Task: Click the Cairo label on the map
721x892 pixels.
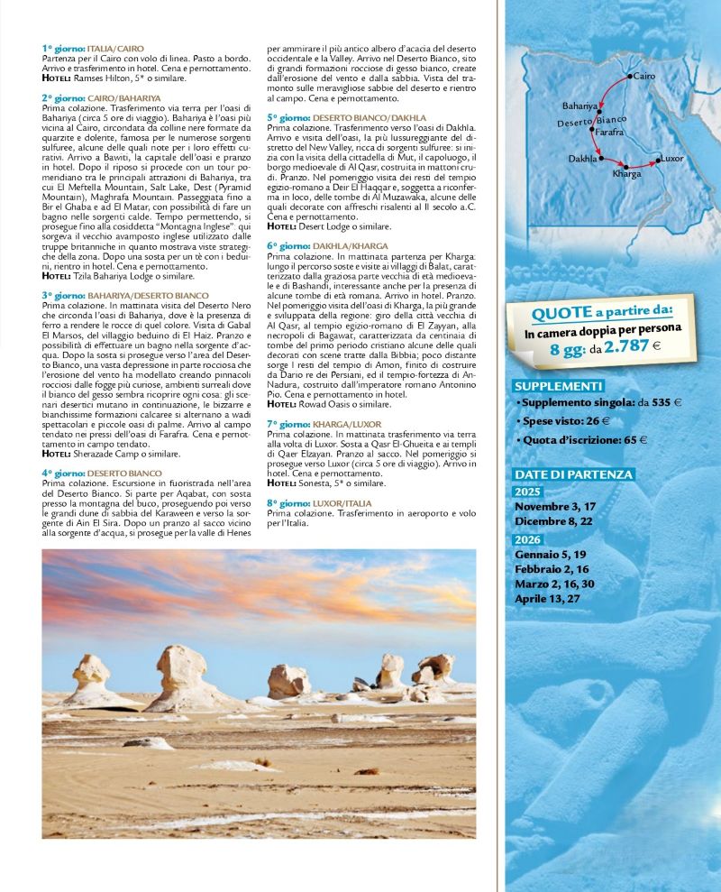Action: tap(644, 77)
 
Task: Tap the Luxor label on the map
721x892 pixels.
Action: tap(672, 158)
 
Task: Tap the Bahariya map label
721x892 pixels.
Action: tap(580, 106)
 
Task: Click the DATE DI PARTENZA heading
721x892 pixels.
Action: tap(573, 474)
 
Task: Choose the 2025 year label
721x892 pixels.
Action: tap(526, 492)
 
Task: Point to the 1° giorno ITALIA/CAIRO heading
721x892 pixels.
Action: tap(93, 48)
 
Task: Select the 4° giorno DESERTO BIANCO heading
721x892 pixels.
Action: tap(102, 473)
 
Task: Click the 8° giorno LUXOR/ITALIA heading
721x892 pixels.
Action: tap(321, 502)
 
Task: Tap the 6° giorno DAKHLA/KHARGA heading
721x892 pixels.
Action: tap(328, 245)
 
